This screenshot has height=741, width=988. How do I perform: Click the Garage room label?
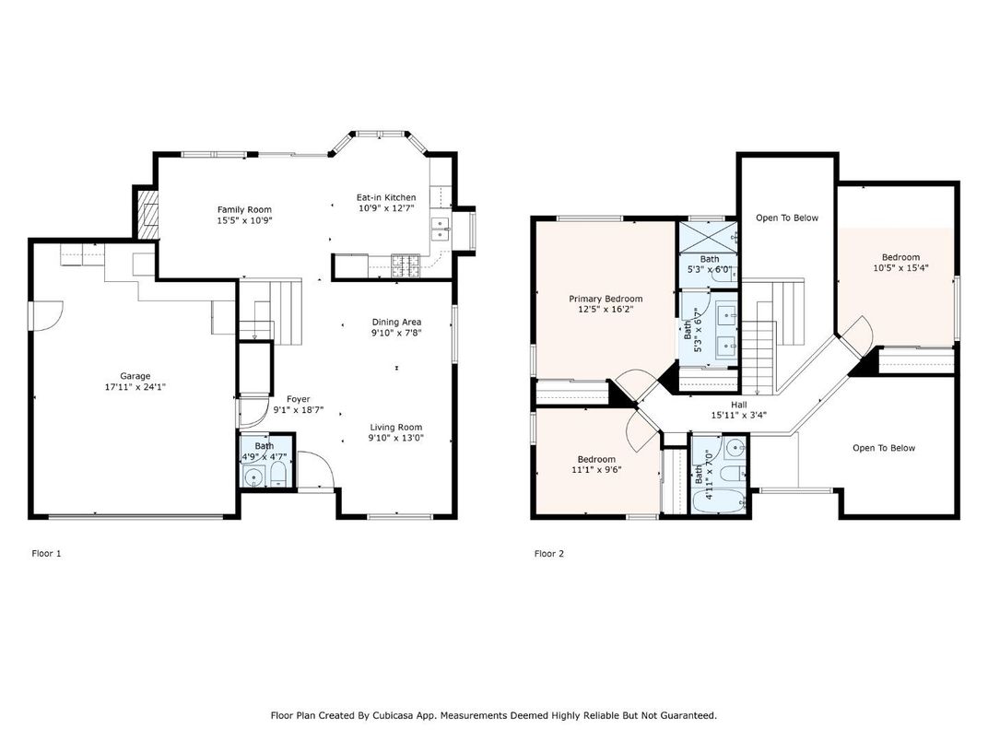[x=135, y=375]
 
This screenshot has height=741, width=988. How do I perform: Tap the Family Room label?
[x=244, y=209]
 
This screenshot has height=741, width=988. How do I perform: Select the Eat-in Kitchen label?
[x=386, y=197]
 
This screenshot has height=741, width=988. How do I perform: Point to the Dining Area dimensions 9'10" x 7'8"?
[x=396, y=333]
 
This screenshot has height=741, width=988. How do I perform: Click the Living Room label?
[x=396, y=427]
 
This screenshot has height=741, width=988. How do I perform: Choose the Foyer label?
[x=298, y=398]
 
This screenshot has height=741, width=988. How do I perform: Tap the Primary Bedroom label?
[x=606, y=299]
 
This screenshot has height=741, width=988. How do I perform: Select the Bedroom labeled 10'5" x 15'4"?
[x=900, y=257]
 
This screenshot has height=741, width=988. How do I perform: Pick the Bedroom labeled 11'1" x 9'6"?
[x=596, y=459]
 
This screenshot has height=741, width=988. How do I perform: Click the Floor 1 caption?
[x=46, y=554]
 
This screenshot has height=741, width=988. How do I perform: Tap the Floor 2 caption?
[x=549, y=554]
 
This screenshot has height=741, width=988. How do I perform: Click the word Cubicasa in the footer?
[x=411, y=715]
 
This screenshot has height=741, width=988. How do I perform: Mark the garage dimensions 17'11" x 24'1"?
[x=135, y=387]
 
